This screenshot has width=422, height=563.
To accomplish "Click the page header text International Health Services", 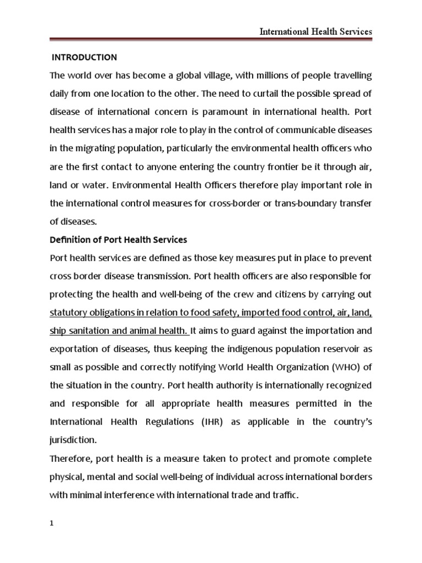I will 315,32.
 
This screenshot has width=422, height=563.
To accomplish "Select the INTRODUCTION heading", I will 84,57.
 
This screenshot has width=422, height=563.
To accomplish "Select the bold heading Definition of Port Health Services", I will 118,240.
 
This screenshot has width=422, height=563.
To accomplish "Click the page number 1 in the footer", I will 52,524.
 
